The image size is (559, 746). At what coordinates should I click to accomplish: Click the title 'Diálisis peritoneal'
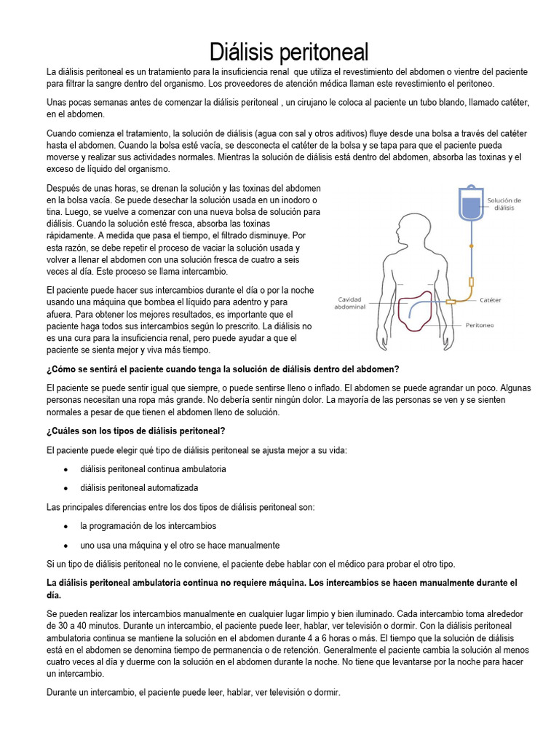tap(289, 52)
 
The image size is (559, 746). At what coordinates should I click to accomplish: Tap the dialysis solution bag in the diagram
tap(471, 205)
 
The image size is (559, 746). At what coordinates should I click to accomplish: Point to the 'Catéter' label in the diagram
tap(491, 299)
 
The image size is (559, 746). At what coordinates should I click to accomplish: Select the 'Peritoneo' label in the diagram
tap(480, 325)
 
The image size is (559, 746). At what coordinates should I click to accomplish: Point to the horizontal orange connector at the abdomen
tap(451, 302)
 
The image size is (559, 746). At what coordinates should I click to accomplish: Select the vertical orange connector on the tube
tap(471, 281)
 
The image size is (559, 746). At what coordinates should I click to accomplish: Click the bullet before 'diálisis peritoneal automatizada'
tap(66, 488)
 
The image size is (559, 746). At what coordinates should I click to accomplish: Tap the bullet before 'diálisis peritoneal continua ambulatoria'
tap(66, 469)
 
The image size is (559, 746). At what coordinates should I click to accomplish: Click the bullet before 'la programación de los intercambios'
tap(66, 526)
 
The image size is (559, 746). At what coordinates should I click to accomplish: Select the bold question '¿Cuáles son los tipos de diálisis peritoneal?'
tap(135, 431)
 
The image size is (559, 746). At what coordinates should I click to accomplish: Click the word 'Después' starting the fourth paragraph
tap(62, 188)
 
